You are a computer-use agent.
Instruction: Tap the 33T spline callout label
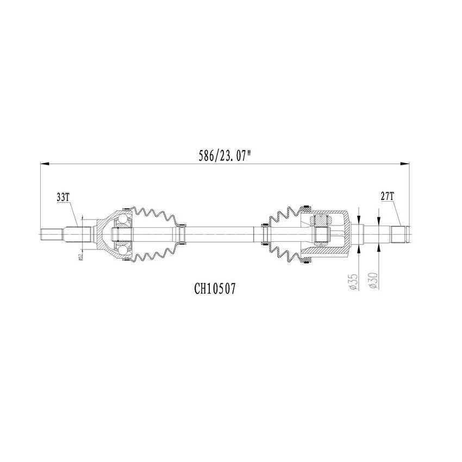tap(64, 197)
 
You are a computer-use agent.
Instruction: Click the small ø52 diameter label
tap(79, 257)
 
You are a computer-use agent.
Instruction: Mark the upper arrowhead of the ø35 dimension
tap(359, 218)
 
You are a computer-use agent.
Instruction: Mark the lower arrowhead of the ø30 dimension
tap(378, 246)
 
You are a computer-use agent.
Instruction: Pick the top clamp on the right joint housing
tap(306, 208)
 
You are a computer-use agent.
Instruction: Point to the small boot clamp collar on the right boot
tap(265, 234)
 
